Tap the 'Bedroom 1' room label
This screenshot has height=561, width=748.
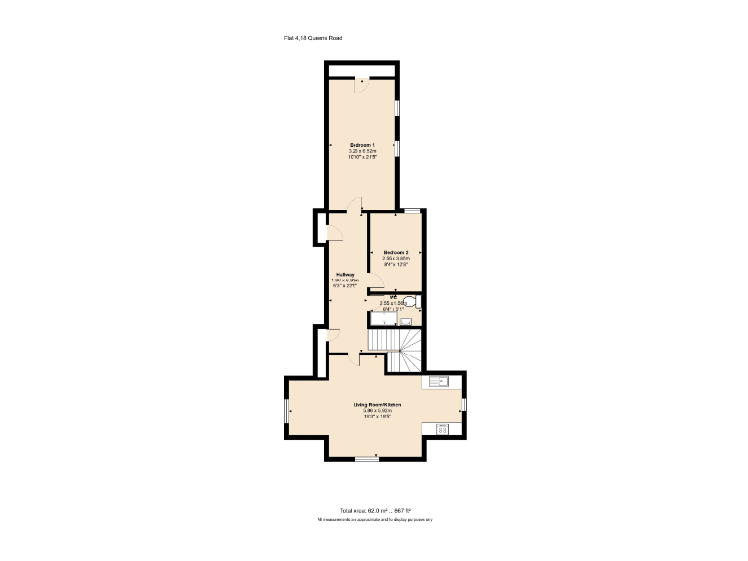[362, 145]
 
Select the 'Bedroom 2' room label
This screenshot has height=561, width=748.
[394, 251]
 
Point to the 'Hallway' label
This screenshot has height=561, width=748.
[345, 275]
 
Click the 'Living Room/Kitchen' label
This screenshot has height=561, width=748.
[377, 404]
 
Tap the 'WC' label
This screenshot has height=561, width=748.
[393, 297]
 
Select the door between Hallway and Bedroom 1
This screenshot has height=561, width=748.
[355, 206]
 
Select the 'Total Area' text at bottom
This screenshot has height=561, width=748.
[375, 510]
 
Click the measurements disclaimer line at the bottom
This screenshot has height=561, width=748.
[375, 520]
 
